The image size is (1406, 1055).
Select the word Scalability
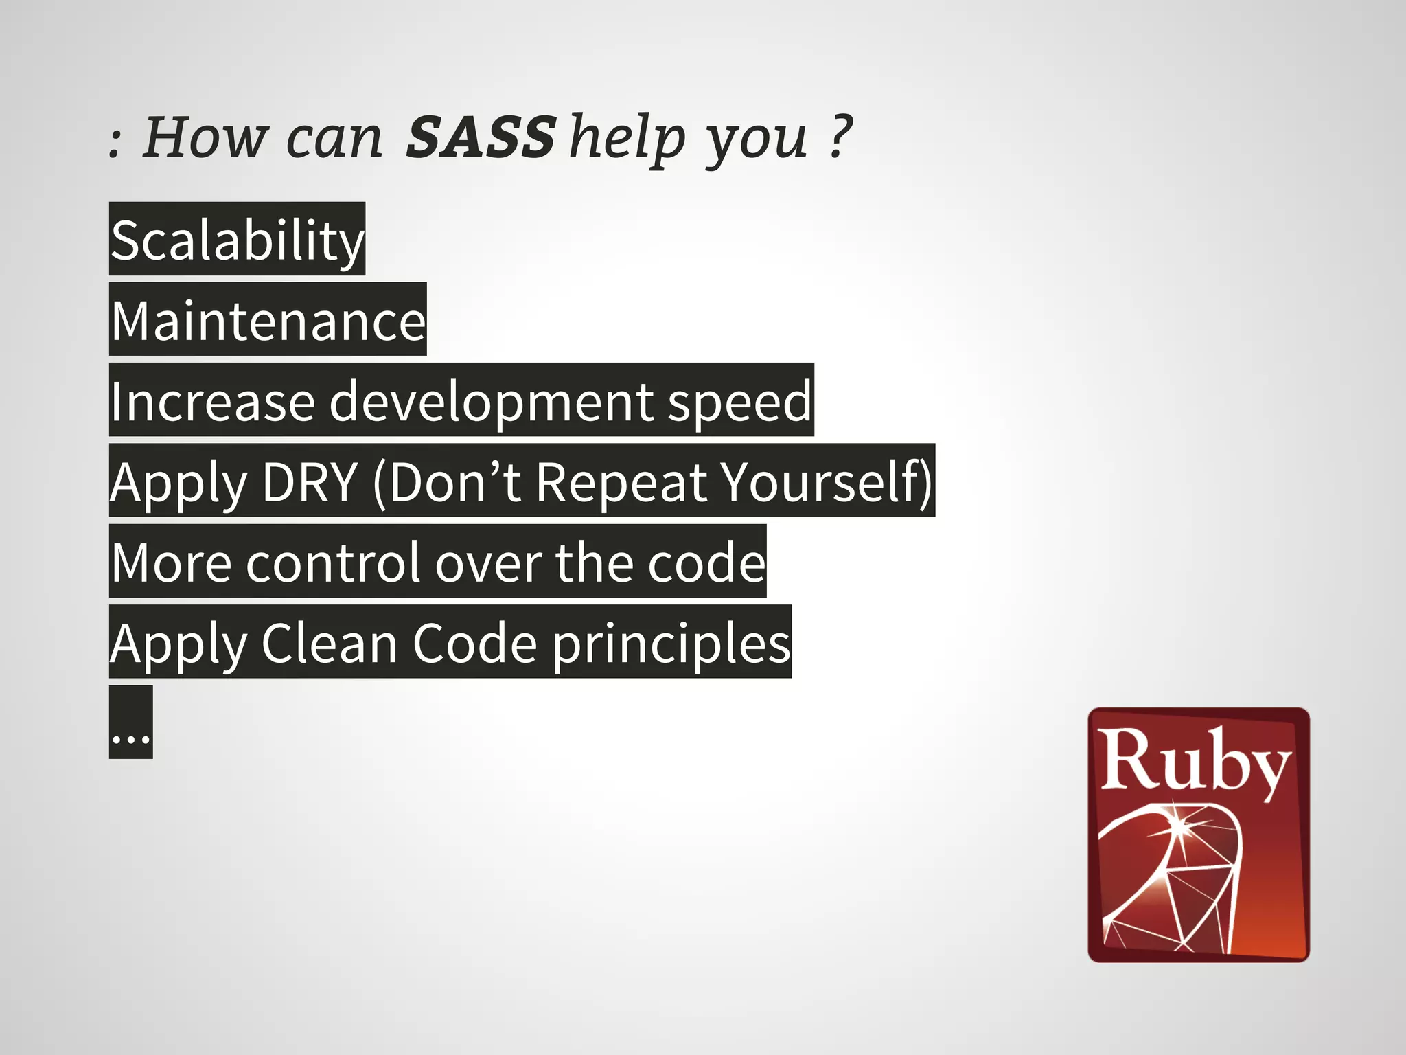coord(237,240)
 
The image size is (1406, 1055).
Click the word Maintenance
coord(268,321)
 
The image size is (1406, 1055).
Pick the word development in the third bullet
coord(492,402)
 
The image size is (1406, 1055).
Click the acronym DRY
coord(310,482)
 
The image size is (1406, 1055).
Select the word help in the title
coord(627,137)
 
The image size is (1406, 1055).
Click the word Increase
coord(212,402)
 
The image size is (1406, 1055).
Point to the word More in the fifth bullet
coord(172,563)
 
